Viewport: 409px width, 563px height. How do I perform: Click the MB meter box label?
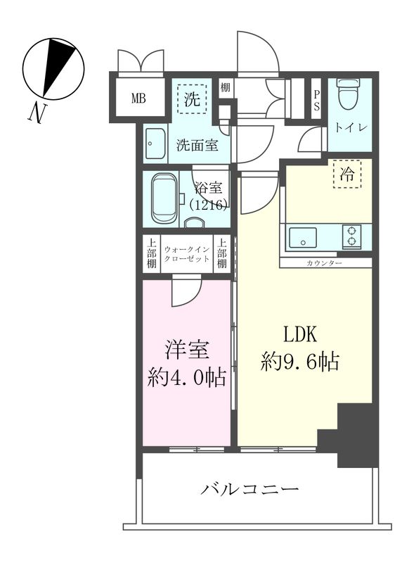tap(138, 98)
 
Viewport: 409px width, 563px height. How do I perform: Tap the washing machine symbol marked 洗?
tap(193, 100)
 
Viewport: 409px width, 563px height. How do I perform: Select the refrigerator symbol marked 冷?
tap(347, 175)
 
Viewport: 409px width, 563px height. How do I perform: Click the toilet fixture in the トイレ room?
tap(348, 96)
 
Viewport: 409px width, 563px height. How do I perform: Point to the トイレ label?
tap(349, 128)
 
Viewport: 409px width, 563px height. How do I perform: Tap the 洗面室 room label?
tap(196, 146)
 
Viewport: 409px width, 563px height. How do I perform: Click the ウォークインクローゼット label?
tap(186, 254)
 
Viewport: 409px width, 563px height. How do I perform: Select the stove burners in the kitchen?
tap(351, 236)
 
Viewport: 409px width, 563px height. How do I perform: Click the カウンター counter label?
tap(325, 263)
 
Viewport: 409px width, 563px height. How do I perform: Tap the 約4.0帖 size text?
tap(187, 377)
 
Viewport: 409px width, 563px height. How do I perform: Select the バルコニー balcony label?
tap(251, 488)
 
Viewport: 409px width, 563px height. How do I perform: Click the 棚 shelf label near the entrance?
tap(225, 88)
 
